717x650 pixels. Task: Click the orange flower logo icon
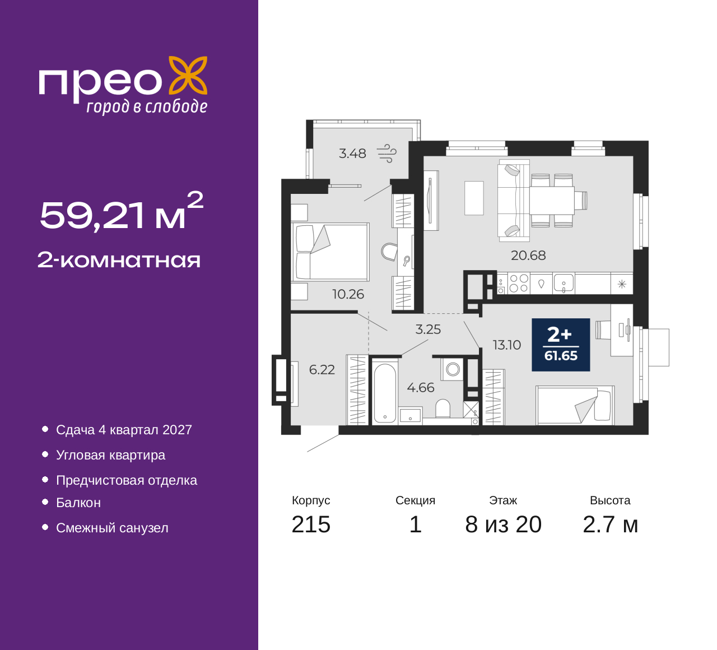(188, 76)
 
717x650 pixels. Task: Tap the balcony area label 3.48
(352, 154)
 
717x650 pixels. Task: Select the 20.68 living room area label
(528, 256)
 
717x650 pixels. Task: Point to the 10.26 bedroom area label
(348, 294)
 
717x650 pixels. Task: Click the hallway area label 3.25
(428, 329)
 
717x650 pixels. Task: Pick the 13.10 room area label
(507, 345)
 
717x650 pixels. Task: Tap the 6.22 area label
(322, 370)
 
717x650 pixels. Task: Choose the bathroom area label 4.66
(421, 388)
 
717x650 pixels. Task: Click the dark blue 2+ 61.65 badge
(561, 345)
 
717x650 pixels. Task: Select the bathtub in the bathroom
(385, 392)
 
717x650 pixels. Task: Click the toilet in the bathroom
(443, 408)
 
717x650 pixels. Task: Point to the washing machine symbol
(452, 369)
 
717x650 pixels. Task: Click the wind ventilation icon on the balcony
(387, 153)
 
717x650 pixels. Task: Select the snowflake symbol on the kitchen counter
(622, 284)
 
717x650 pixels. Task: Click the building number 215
(311, 524)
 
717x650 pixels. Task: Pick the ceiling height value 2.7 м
(610, 524)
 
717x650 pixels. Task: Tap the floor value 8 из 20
(503, 524)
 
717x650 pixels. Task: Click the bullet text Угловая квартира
(111, 455)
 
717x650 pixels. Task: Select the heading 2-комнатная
(119, 260)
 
